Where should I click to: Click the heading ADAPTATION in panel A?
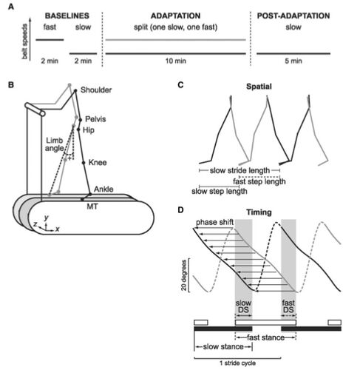(175, 16)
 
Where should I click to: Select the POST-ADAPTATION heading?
(293, 16)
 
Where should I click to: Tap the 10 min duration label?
(175, 61)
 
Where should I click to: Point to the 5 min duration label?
(293, 61)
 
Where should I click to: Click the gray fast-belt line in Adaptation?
(176, 40)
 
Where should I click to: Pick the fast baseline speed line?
(50, 40)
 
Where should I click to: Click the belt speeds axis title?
(24, 41)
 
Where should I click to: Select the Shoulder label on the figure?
(96, 90)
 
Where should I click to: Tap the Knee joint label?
(98, 163)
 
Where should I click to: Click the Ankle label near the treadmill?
(103, 189)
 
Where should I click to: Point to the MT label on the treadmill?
(92, 206)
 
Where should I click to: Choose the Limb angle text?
(54, 144)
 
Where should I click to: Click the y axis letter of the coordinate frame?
(46, 218)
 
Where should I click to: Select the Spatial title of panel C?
(259, 87)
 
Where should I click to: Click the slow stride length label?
(240, 170)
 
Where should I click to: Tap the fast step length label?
(259, 181)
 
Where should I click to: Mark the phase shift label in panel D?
(214, 223)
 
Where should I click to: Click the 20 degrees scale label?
(184, 275)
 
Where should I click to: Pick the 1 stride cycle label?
(238, 363)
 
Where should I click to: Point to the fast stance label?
(265, 337)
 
